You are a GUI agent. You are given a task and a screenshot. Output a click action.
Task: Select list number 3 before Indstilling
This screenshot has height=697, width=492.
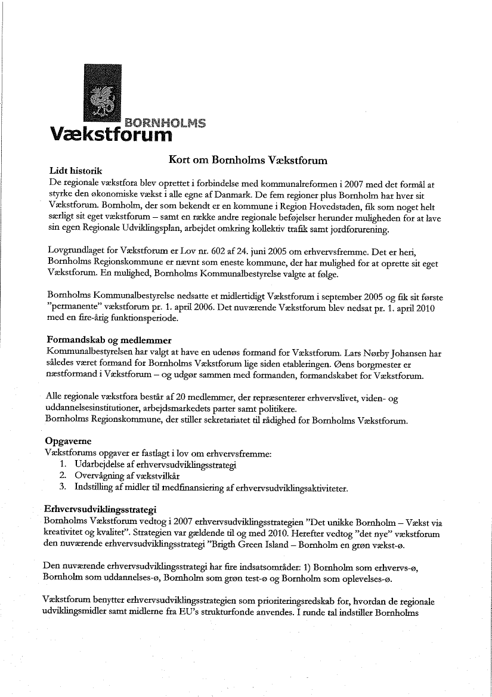(x=63, y=488)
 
